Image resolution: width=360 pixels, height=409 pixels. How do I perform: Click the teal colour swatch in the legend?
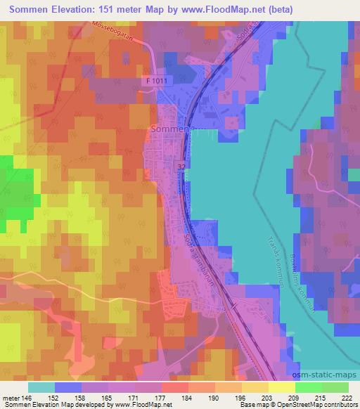coord(41,387)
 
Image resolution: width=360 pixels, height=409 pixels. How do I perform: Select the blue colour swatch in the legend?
coord(68,387)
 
